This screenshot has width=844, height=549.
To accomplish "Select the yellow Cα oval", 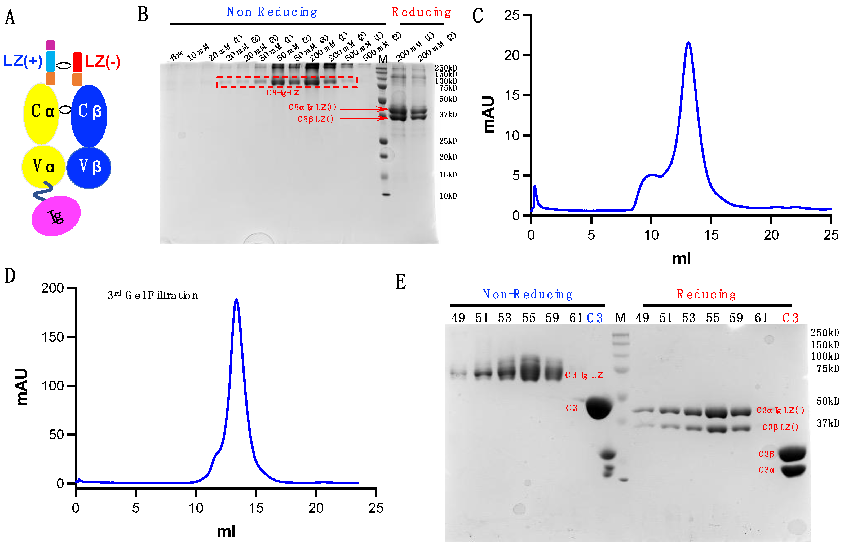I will pos(41,113).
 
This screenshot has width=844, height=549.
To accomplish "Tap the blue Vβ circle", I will pos(89,167).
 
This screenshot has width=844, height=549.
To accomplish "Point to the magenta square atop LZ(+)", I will pos(50,45).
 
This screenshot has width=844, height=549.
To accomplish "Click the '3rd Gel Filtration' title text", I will pos(152,295).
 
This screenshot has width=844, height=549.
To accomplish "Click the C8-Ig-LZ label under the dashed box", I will pos(283,93).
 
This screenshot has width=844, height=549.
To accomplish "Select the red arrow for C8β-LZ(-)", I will pos(364,118).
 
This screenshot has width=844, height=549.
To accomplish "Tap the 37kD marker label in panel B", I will pos(448,115).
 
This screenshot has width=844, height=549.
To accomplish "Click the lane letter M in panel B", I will pos(382,59).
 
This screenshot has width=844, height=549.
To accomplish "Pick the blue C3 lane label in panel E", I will pos(595,318).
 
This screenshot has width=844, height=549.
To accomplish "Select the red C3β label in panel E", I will pos(766,454).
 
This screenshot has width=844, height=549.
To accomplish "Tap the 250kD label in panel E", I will pos(824,333).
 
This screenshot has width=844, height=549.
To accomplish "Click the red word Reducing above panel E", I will pos(706,294).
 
